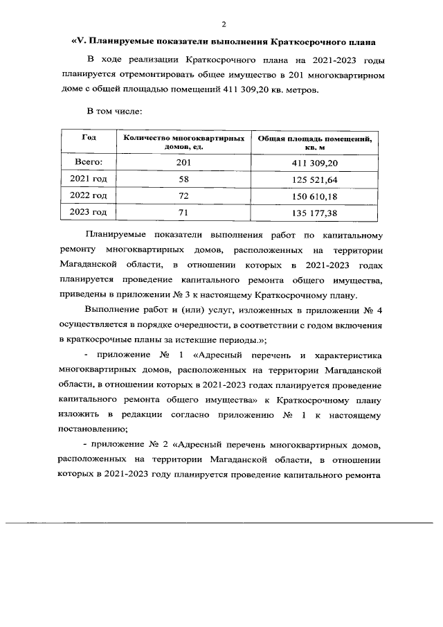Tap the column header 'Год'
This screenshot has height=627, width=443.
[x=89, y=138]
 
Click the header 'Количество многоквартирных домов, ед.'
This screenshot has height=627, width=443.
[x=183, y=143]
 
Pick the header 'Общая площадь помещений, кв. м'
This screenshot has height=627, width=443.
[x=314, y=143]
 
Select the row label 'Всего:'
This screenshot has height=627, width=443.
[x=89, y=162]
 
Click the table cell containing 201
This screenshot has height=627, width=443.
[x=183, y=163]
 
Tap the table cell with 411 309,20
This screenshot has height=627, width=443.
[x=314, y=163]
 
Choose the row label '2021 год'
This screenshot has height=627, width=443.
[x=89, y=179]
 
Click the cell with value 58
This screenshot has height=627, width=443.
[x=183, y=179]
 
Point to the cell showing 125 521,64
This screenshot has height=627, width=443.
[x=314, y=179]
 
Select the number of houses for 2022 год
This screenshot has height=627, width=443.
[x=183, y=196]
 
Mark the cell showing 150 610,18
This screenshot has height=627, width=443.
[x=314, y=196]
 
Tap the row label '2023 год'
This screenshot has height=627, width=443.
[x=89, y=212]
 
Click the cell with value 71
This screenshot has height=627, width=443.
[x=183, y=213]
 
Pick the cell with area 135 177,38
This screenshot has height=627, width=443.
[x=314, y=213]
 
